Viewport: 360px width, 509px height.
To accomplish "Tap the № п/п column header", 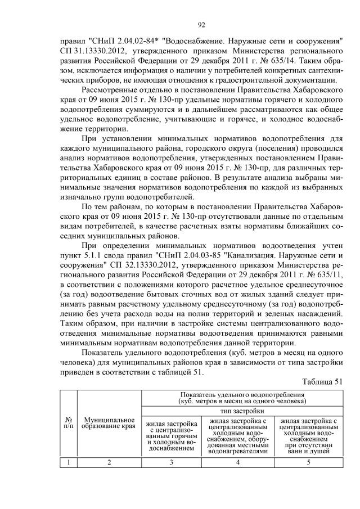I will pos(68,423).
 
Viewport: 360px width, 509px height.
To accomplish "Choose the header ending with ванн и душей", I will pos(308,434).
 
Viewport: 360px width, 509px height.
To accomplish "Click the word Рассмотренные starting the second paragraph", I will pos(111,89).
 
